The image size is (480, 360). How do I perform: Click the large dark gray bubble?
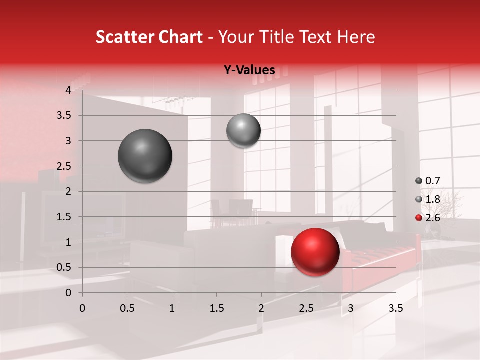[145, 156]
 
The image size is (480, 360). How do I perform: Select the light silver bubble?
[243, 130]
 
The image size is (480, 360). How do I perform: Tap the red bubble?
[315, 252]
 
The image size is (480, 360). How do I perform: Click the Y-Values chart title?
[249, 70]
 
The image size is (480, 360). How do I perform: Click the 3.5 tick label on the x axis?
[395, 308]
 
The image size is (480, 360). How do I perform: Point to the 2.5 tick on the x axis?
[306, 308]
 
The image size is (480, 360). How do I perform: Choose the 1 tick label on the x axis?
[172, 308]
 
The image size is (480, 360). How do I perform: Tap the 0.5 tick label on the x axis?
[127, 308]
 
